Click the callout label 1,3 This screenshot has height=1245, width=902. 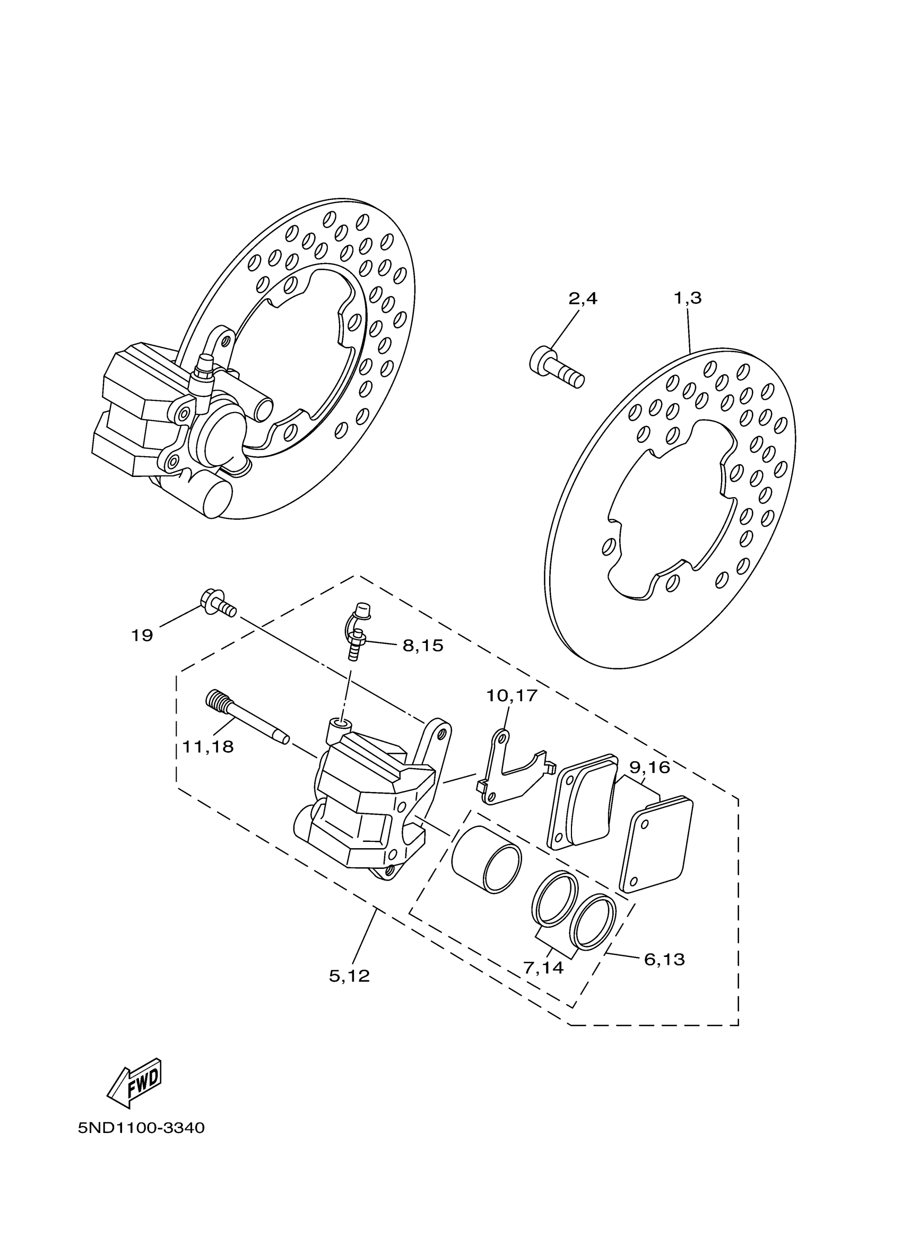687,299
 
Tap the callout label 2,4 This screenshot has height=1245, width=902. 583,299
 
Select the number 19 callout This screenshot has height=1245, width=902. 142,635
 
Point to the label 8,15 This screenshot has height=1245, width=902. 423,646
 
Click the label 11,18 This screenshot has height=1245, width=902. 208,746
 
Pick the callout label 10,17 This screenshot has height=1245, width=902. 511,695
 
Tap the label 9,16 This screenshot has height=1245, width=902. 649,768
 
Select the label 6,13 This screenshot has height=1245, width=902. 664,960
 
